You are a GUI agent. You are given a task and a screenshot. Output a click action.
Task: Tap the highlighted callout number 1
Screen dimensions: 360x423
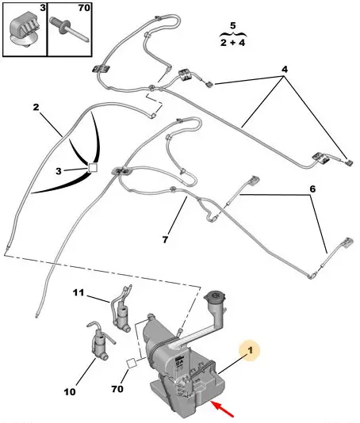pyautogui.click(x=250, y=350)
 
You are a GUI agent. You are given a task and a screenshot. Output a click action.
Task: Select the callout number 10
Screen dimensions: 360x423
pyautogui.click(x=70, y=391)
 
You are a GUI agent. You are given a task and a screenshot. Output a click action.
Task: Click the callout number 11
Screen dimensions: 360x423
pyautogui.click(x=79, y=292)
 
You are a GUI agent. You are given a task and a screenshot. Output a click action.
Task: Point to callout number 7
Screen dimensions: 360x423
pyautogui.click(x=165, y=239)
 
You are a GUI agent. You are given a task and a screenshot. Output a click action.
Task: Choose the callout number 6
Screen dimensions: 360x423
pyautogui.click(x=312, y=189)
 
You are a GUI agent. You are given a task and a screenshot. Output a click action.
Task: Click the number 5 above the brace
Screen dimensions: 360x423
pyautogui.click(x=233, y=25)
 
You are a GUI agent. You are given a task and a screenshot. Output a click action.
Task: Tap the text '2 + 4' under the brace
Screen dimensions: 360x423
pyautogui.click(x=232, y=43)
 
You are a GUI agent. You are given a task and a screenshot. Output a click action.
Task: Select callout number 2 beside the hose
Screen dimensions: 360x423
pyautogui.click(x=36, y=107)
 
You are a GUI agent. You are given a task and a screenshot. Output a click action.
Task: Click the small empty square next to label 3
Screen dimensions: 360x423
pyautogui.click(x=93, y=167)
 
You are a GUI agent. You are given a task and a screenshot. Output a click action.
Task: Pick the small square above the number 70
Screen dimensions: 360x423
pyautogui.click(x=132, y=363)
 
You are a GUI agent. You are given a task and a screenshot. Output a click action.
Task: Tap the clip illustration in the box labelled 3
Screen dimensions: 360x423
pyautogui.click(x=25, y=31)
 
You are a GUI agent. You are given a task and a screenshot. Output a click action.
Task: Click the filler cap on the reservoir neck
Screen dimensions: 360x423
pyautogui.click(x=215, y=298)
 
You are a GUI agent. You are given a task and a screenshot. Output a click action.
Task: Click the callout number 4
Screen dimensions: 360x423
pyautogui.click(x=285, y=70)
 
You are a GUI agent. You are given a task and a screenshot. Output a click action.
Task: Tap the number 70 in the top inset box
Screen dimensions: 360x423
pyautogui.click(x=84, y=8)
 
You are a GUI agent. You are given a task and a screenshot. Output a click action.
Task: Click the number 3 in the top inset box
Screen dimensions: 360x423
pyautogui.click(x=43, y=8)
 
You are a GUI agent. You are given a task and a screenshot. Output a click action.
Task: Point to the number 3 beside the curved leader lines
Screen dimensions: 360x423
pyautogui.click(x=59, y=171)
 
